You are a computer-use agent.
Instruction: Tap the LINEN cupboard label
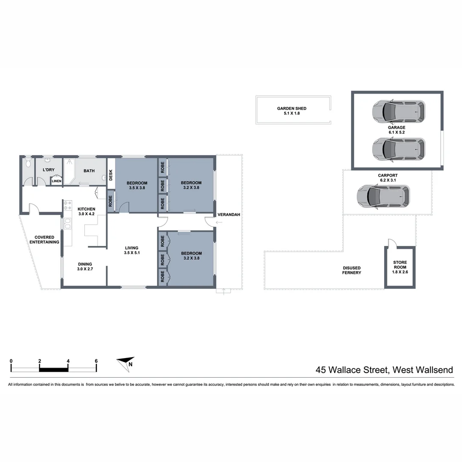click(x=56, y=181)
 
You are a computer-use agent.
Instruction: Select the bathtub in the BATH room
click(x=70, y=172)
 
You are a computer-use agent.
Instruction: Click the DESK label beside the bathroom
click(x=111, y=175)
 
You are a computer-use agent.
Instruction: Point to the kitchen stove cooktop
click(x=68, y=205)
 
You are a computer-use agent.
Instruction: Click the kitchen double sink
click(x=68, y=224)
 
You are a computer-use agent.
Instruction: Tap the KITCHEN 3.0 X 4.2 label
click(x=86, y=212)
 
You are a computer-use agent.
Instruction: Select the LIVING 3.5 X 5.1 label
click(x=132, y=250)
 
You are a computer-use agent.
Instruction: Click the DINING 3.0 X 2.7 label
click(x=85, y=267)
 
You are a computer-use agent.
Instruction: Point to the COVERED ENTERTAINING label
click(x=44, y=240)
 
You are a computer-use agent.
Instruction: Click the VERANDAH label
click(x=228, y=214)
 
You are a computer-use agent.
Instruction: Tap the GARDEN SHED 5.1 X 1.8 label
click(x=292, y=111)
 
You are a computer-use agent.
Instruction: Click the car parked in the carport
click(x=383, y=196)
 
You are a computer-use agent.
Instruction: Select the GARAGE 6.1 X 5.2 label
click(x=397, y=130)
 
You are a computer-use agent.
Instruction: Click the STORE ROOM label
click(x=400, y=265)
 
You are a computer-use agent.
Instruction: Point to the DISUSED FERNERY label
click(x=352, y=270)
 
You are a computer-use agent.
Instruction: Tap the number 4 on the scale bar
click(x=68, y=361)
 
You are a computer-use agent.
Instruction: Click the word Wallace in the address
click(x=345, y=370)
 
